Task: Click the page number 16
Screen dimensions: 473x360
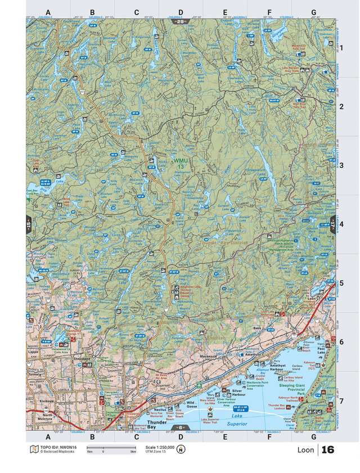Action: click(x=328, y=450)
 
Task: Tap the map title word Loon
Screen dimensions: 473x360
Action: click(x=305, y=451)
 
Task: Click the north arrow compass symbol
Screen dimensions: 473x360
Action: click(x=181, y=449)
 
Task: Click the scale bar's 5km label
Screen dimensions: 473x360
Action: click(x=133, y=452)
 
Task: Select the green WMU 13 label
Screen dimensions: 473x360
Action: click(x=179, y=164)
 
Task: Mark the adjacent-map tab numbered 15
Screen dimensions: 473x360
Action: click(x=29, y=224)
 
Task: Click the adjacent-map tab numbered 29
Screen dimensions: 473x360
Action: click(x=181, y=22)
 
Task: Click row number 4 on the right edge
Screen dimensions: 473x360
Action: click(x=341, y=224)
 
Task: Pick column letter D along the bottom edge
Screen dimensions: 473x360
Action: click(x=181, y=436)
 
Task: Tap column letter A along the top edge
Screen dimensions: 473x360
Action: click(x=48, y=12)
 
